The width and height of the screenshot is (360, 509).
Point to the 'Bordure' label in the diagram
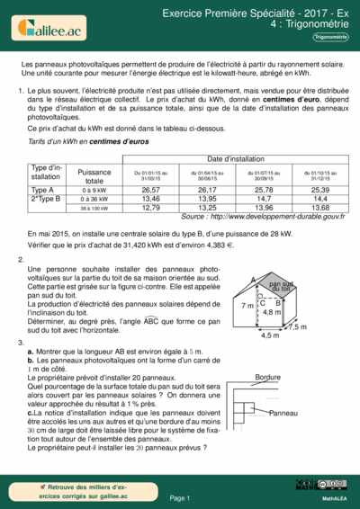(x=267, y=376)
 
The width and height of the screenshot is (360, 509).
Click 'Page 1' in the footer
(x=180, y=497)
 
